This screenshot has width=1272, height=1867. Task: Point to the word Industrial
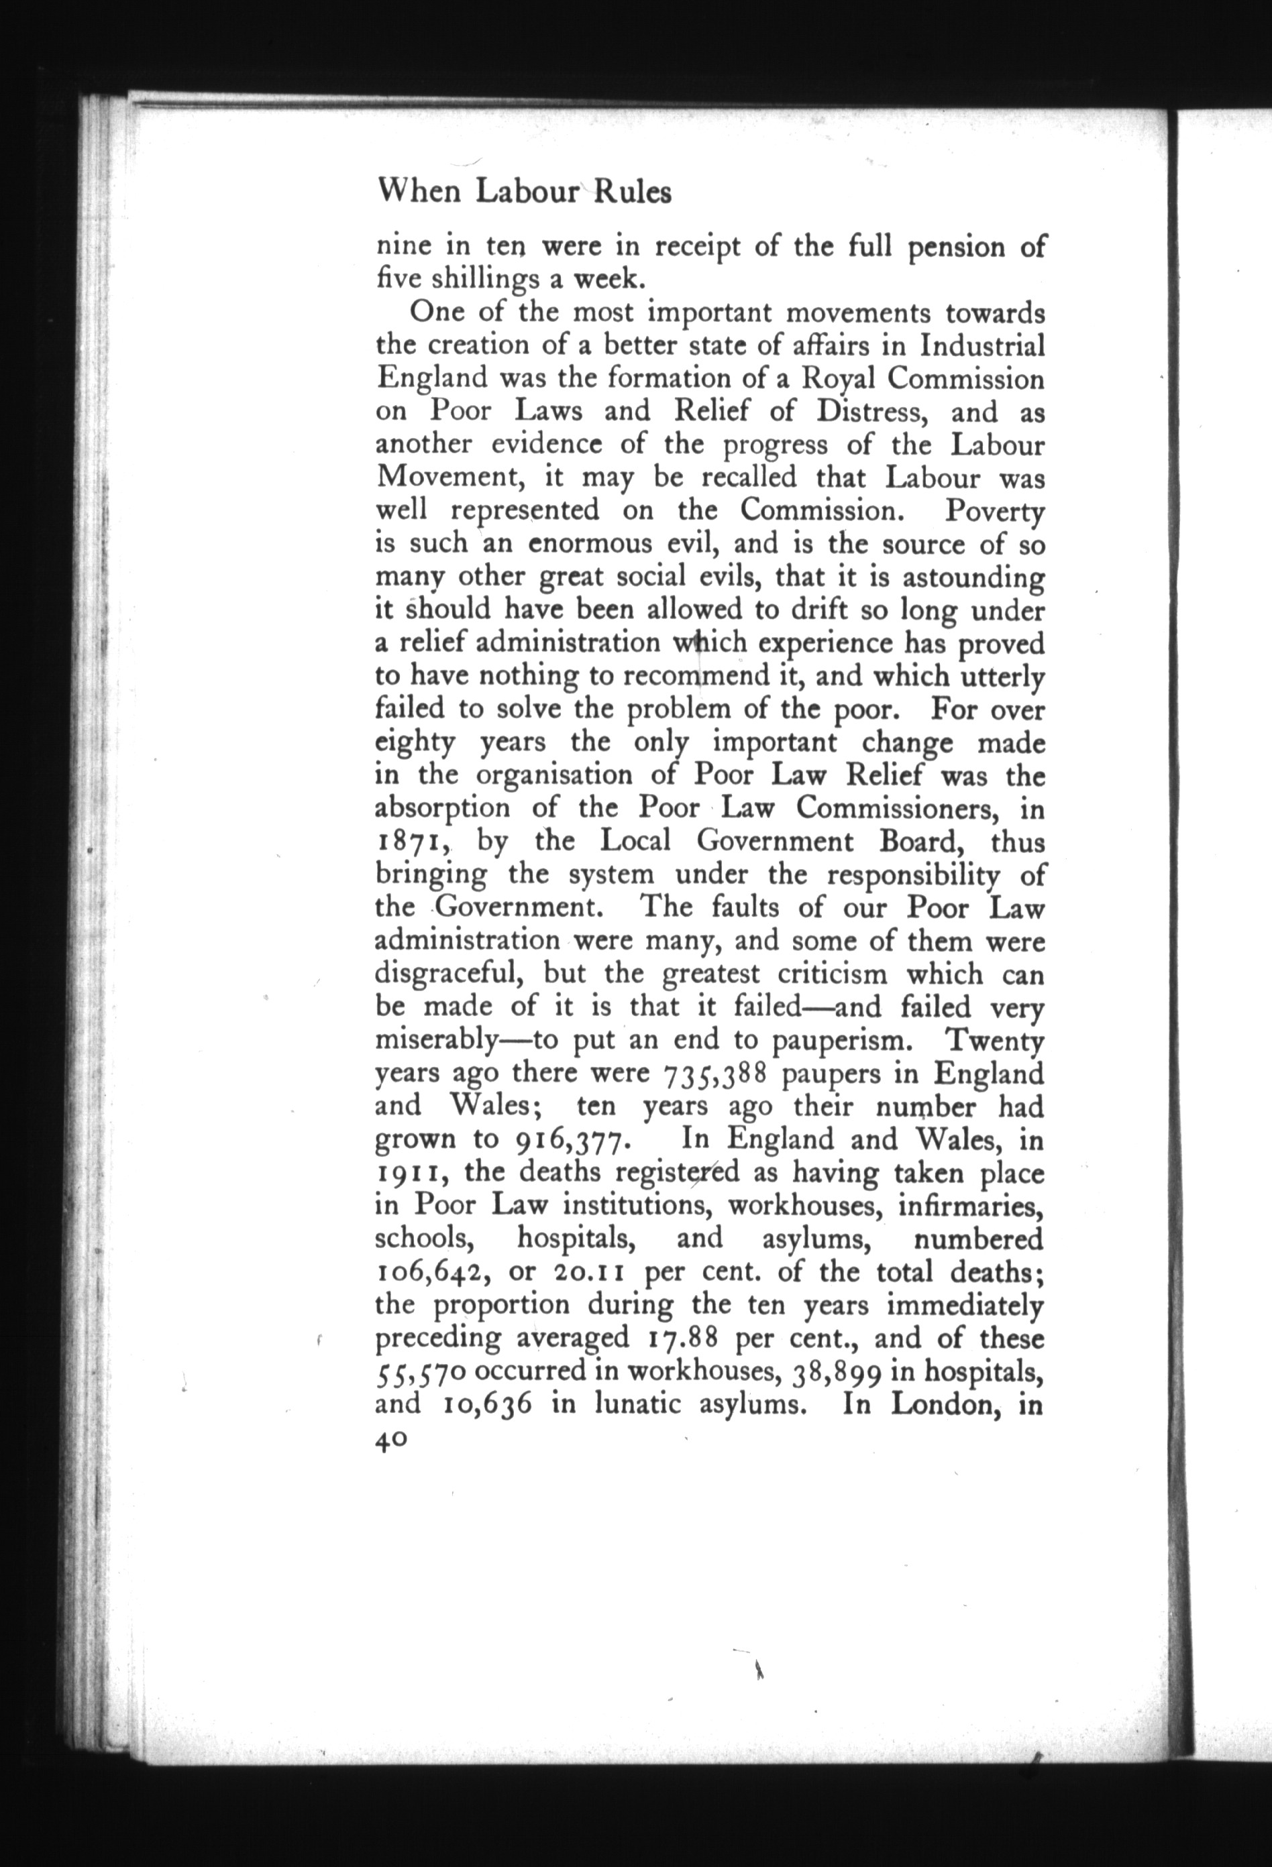(982, 345)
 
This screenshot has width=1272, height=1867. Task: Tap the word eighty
(415, 742)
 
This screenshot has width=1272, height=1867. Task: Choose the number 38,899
(838, 1371)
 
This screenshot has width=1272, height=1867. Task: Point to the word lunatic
(637, 1404)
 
